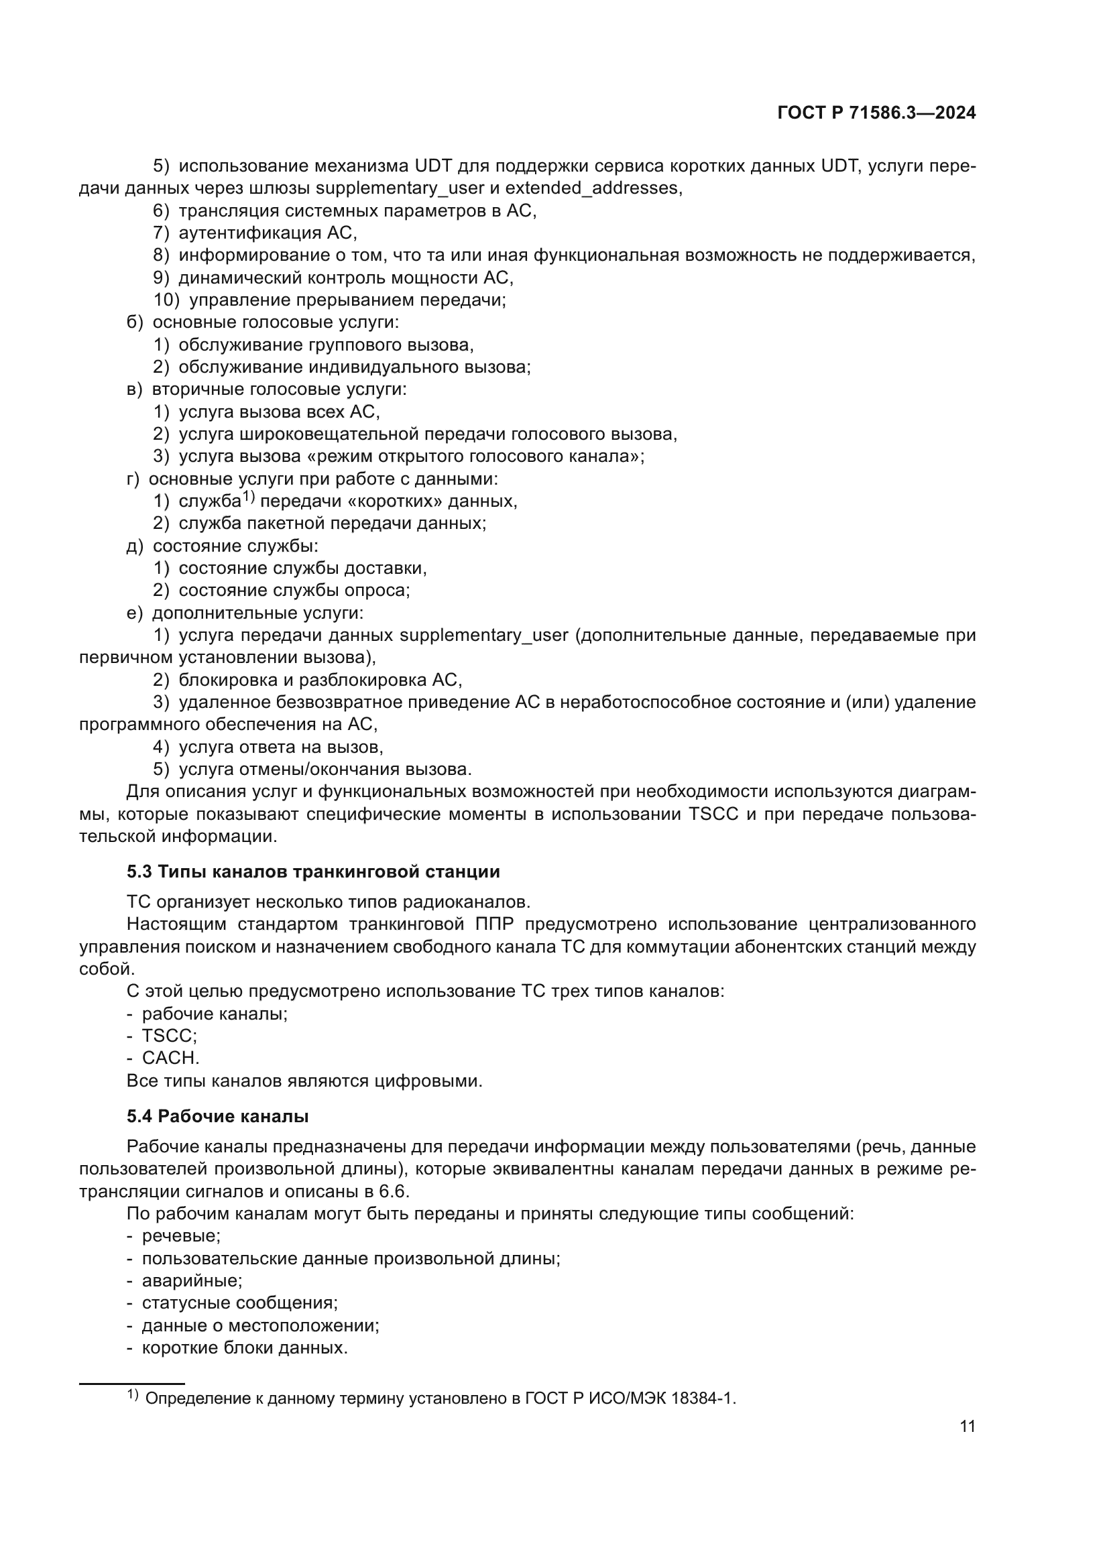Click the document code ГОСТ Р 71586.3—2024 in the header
tap(876, 113)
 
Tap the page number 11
tap(967, 1426)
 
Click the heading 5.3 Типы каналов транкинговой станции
tap(312, 871)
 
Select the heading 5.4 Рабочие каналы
tap(217, 1116)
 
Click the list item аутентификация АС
tap(268, 233)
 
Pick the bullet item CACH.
tap(171, 1058)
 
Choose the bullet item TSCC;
tap(170, 1035)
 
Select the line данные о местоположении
tap(260, 1325)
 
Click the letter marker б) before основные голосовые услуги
tap(135, 322)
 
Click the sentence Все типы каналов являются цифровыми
tap(304, 1081)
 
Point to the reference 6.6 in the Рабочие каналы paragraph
tap(393, 1191)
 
